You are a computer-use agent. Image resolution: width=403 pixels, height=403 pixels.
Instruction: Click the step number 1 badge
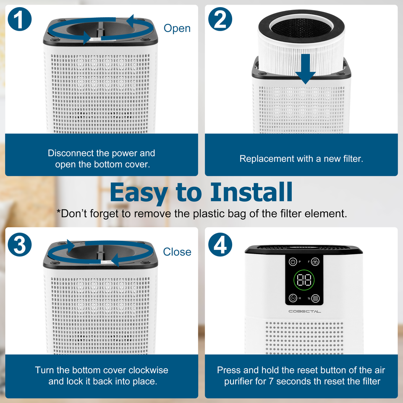[20, 19]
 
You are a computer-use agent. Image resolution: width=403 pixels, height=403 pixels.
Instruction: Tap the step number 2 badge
[220, 19]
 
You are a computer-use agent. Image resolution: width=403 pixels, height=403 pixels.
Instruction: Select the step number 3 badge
[20, 244]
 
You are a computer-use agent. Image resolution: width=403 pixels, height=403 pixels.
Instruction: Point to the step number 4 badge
[220, 244]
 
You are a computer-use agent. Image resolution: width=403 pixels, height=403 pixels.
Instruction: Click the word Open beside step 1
[177, 28]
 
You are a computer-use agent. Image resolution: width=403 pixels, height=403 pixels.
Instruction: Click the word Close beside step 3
[177, 252]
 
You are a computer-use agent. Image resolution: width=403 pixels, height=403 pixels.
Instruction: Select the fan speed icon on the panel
[315, 262]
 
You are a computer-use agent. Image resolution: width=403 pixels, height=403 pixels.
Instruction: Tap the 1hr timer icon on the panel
[293, 298]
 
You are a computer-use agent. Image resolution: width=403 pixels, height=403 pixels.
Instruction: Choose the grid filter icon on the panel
[315, 298]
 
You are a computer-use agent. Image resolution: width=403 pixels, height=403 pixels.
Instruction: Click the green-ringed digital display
[304, 280]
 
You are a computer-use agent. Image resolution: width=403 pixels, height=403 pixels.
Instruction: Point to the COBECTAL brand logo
[305, 311]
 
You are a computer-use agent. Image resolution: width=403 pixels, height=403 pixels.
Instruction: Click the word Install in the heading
[251, 192]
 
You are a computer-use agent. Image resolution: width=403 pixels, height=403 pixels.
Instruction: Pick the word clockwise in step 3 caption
[148, 370]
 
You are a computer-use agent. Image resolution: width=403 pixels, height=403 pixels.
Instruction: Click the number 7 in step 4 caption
[271, 382]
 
